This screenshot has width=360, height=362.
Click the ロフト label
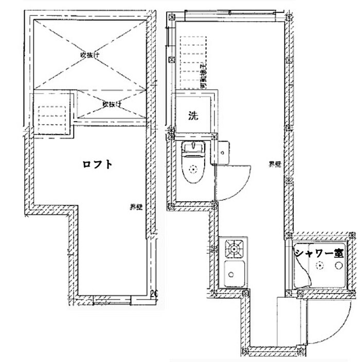(x=97, y=165)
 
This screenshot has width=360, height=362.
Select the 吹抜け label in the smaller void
(x=111, y=104)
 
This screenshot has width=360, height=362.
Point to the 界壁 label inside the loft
(x=136, y=208)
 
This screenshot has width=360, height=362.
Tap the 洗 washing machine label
(x=193, y=116)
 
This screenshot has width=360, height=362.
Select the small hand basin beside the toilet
(x=223, y=151)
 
